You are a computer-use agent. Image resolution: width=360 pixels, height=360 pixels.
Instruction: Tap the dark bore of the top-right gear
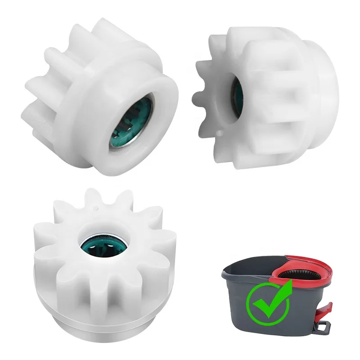pos(235,94)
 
